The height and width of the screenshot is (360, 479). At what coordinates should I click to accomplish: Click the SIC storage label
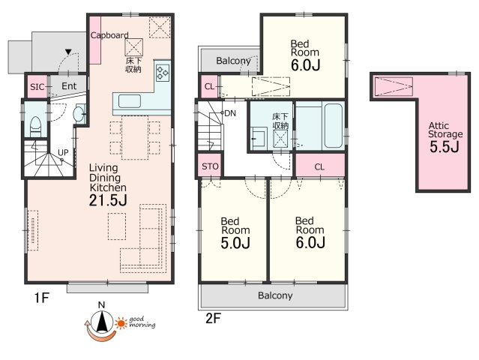37,87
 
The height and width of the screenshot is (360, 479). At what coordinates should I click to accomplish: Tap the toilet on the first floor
35,127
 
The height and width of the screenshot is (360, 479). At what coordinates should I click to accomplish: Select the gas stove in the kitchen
162,73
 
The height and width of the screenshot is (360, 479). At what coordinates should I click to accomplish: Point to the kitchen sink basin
130,101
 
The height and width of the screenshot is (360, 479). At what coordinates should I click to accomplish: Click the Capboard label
109,35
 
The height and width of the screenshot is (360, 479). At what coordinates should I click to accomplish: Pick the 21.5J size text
108,200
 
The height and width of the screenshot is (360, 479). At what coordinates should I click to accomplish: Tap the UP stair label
63,152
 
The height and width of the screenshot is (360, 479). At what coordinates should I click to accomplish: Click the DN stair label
230,113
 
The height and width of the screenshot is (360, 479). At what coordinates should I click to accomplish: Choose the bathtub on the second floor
334,125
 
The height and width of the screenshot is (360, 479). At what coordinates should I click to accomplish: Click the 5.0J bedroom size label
235,243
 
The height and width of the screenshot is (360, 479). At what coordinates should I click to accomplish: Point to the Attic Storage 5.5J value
445,147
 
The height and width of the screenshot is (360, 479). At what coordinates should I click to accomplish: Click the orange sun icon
121,323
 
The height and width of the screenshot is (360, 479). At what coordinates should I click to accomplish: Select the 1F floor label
41,298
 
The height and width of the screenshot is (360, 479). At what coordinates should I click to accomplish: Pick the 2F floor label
213,319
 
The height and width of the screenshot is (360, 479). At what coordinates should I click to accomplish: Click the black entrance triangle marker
68,52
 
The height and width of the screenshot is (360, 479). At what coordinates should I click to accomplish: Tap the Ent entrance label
69,86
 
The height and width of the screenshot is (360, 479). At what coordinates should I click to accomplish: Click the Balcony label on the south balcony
275,295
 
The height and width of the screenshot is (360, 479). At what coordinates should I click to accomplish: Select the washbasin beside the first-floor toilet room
79,113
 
